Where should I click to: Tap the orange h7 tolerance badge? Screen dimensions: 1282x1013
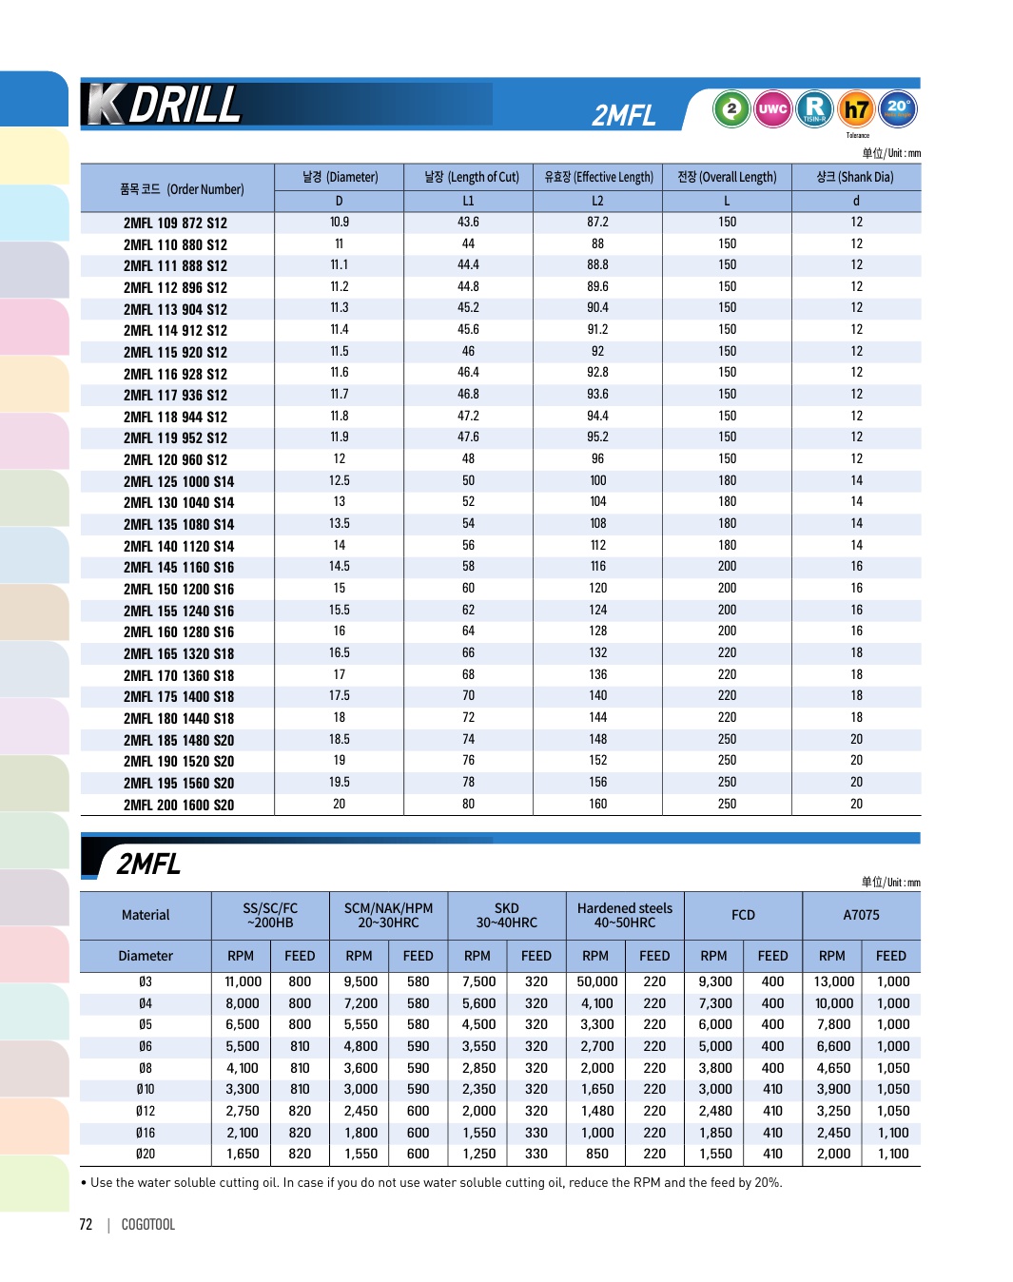pos(856,109)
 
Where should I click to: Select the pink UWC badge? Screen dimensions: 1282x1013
pos(772,108)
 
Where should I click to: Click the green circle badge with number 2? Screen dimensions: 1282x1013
pos(731,108)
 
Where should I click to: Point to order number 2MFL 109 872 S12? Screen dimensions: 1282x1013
pos(175,223)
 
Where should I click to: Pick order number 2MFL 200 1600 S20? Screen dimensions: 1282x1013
pos(179,805)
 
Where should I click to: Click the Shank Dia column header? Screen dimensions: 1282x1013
pos(855,177)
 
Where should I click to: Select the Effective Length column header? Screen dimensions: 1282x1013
pos(598,177)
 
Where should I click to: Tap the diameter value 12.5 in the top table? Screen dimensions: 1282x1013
pos(340,480)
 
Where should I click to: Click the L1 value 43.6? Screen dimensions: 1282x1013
pos(468,222)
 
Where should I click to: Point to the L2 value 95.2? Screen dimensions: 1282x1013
pos(597,437)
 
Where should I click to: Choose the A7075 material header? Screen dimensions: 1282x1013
pos(861,915)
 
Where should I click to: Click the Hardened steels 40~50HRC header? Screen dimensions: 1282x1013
pos(625,915)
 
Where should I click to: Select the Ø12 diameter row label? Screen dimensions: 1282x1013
pos(146,1111)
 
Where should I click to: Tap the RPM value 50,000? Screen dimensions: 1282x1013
pos(597,981)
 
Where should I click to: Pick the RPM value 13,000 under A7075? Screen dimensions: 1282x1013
pos(833,981)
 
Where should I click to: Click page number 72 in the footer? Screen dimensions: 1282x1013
pos(86,1224)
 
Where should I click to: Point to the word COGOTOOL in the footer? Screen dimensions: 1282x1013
pos(148,1224)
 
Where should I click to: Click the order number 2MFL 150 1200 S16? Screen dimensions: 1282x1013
pos(179,589)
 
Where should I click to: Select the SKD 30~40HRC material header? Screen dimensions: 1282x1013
pos(507,915)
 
